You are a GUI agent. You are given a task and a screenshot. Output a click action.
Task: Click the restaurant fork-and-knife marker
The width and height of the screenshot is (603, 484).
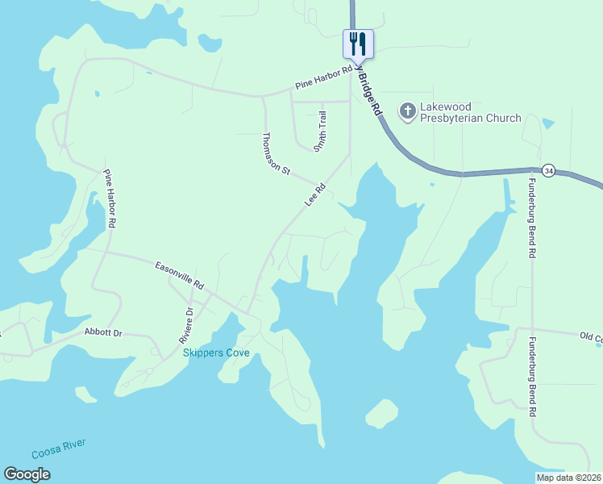coord(358,43)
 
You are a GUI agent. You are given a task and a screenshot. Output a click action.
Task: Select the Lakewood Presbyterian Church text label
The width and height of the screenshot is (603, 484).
coord(470,112)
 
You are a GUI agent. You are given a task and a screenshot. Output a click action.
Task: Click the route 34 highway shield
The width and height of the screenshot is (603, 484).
coord(549,170)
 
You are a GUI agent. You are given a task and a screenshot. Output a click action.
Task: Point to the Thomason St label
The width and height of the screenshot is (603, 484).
coord(276,153)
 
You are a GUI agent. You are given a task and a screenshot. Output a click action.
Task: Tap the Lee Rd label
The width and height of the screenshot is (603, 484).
coord(315,195)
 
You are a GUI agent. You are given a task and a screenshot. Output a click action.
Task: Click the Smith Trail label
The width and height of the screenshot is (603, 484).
coord(320,131)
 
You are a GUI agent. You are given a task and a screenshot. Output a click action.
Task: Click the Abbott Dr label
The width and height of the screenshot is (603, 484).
coord(103,332)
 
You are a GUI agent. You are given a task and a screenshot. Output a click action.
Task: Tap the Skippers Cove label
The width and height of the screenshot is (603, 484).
coord(216,353)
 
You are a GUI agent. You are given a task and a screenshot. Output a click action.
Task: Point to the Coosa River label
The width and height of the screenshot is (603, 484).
coord(59,448)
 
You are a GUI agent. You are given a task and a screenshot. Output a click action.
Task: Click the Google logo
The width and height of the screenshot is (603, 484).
coord(27,474)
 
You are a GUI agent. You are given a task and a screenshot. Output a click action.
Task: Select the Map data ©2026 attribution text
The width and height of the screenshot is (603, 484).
coord(569,478)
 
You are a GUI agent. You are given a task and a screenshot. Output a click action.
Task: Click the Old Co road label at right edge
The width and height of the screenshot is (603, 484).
coord(590,336)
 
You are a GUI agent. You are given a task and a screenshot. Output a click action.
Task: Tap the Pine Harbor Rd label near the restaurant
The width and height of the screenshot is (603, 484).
coord(323,77)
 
